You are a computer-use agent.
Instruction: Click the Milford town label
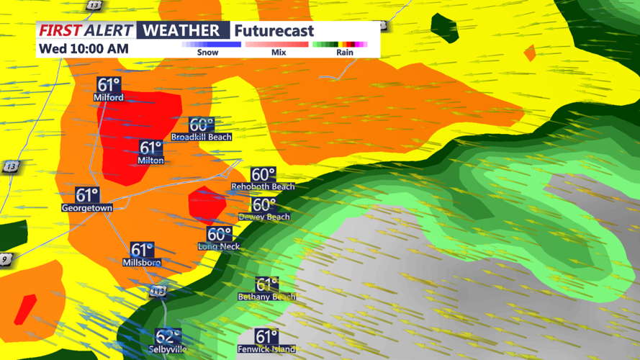click(108, 97)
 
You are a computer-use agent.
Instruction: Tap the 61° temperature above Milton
click(151, 148)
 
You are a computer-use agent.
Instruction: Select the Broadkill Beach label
click(202, 137)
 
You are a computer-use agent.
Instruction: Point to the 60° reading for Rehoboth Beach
click(263, 175)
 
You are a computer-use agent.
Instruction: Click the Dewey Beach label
click(264, 217)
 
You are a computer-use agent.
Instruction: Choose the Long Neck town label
click(219, 246)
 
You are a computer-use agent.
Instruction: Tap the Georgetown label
click(87, 208)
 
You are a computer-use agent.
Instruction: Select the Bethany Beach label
click(266, 297)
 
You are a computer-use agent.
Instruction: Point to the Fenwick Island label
click(266, 349)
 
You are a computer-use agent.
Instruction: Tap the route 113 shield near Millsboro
click(158, 292)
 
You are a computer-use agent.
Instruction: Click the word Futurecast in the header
click(274, 31)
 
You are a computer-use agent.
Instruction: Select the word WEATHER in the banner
click(181, 30)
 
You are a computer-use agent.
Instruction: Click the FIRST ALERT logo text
click(86, 30)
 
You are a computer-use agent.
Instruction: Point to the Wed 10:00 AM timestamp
click(84, 49)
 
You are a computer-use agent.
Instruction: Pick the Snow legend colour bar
click(211, 45)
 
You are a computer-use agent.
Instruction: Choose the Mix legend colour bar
click(277, 45)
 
